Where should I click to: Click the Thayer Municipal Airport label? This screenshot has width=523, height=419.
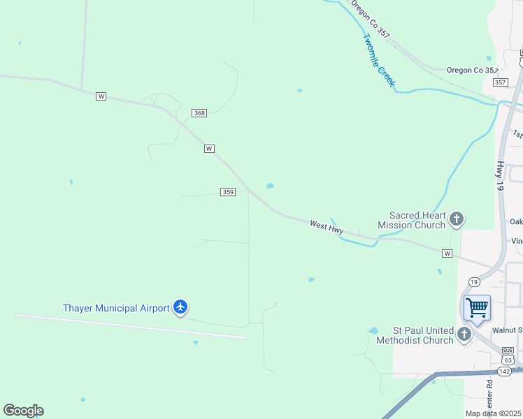coord(116,308)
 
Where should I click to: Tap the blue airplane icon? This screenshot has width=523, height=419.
coord(181,307)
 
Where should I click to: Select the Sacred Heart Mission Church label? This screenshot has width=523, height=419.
coord(411,221)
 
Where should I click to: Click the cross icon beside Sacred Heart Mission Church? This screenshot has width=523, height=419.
coord(457,220)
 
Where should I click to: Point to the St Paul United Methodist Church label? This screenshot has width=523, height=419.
coord(415,336)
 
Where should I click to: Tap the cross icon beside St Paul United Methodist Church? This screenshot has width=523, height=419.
coord(464,335)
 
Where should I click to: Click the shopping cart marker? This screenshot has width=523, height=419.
coord(477,308)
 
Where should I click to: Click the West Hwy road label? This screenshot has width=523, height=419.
coord(327,226)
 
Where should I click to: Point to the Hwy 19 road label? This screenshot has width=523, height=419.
coord(500,177)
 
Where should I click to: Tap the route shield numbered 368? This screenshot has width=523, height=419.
coord(200,113)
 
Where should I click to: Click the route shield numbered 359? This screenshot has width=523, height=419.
coord(227,192)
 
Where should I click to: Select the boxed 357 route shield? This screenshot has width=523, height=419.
coord(500,82)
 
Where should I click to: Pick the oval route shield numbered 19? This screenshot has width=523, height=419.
coord(474,282)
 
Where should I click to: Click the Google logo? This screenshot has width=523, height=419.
coord(23,411)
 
